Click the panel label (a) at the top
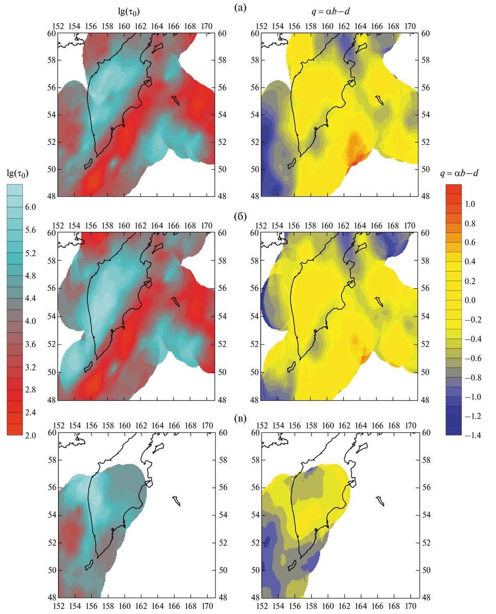[x=240, y=8]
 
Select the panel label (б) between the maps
[x=240, y=217]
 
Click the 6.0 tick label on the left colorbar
[x=30, y=207]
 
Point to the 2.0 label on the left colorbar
[x=30, y=435]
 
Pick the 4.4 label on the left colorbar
[x=30, y=298]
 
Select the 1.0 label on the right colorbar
[x=470, y=204]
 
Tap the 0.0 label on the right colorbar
[x=470, y=300]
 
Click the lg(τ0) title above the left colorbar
[x=18, y=174]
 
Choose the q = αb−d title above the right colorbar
[x=459, y=173]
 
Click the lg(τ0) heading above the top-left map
[x=129, y=11]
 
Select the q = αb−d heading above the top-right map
[x=330, y=11]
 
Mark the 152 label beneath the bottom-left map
[x=58, y=606]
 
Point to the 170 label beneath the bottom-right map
[x=411, y=606]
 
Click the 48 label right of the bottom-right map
[x=426, y=597]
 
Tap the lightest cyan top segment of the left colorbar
[x=15, y=188]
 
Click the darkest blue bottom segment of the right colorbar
[x=453, y=430]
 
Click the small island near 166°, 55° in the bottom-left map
[x=177, y=501]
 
